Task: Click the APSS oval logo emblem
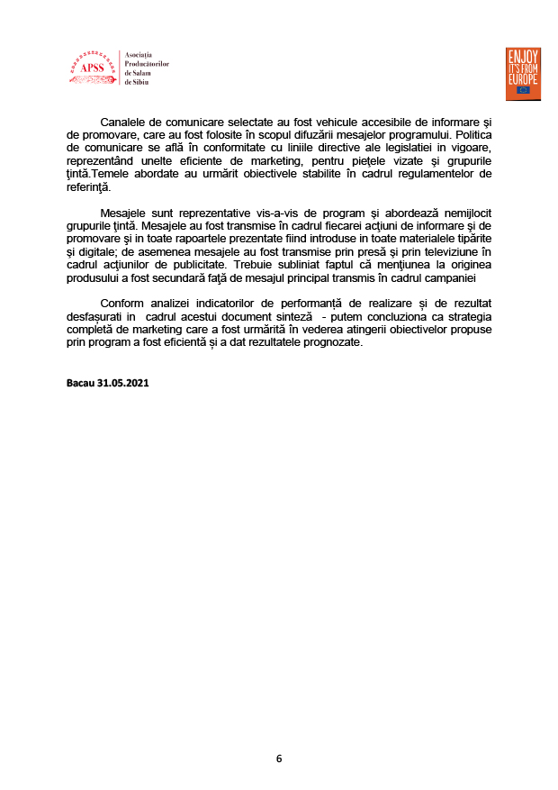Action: [91, 68]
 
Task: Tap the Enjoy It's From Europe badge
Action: [522, 72]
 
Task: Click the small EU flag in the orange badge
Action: [522, 90]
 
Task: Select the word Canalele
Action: [127, 121]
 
